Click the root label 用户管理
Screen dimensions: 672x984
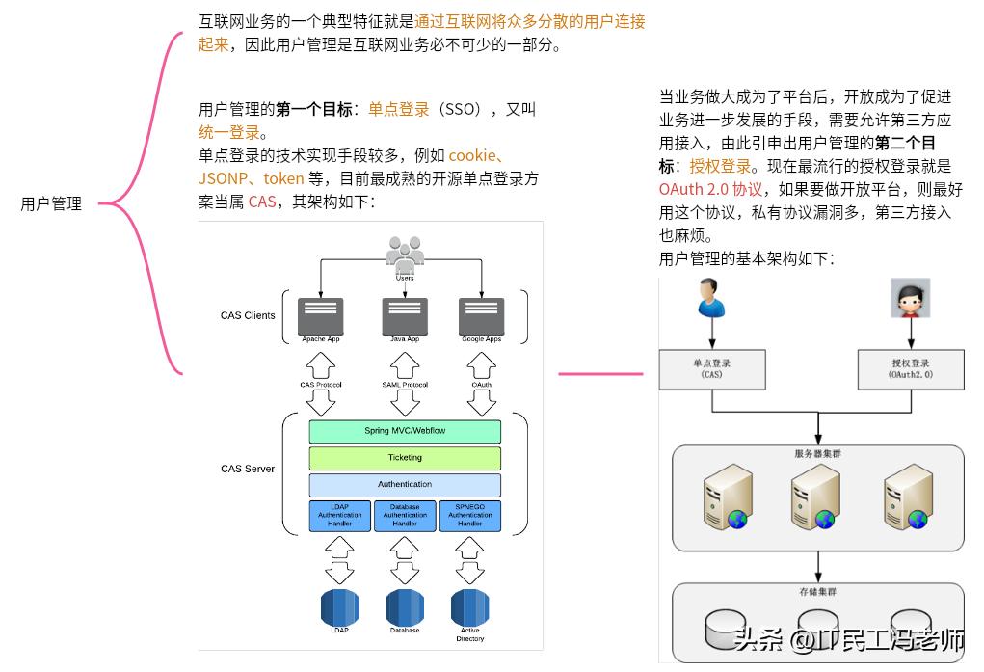tap(51, 203)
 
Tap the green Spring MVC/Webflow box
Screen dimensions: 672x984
tap(405, 431)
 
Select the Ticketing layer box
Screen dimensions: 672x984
tap(405, 458)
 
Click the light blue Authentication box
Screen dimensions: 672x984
tap(405, 484)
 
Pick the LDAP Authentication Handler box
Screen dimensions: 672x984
tap(339, 515)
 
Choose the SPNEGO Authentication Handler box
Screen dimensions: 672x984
tap(469, 515)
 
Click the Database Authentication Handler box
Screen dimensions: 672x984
tap(405, 515)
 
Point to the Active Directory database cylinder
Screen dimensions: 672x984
tap(469, 607)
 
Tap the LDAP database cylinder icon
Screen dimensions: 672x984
tap(339, 607)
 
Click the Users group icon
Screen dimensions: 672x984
tap(405, 255)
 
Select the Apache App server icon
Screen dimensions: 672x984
tap(321, 316)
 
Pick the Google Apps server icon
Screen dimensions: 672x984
tap(481, 316)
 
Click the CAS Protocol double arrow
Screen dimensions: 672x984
tap(321, 385)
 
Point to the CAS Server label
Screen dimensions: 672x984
tap(248, 469)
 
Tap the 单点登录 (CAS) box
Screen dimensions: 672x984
tap(712, 369)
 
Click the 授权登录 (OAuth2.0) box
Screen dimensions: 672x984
tap(911, 369)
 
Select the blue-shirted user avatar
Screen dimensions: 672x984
tap(710, 298)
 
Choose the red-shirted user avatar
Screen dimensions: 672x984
tap(909, 298)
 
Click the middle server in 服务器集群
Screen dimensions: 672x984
tap(815, 497)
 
